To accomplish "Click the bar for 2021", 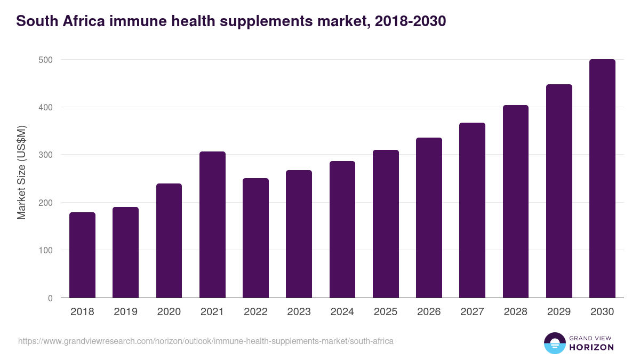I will click(x=212, y=225).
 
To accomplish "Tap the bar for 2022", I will click(x=255, y=238).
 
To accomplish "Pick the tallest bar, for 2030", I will click(x=602, y=179).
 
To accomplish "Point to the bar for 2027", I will click(x=472, y=210).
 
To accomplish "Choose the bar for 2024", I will click(x=342, y=229).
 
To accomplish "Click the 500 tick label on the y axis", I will click(x=46, y=60).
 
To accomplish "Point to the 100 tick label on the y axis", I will click(x=46, y=250).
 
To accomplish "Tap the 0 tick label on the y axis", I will click(x=50, y=298).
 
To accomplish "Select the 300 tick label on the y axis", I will click(x=46, y=155).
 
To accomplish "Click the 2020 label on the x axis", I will click(x=169, y=312).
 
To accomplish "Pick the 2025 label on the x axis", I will click(x=386, y=312).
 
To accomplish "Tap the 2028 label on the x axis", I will click(x=516, y=312).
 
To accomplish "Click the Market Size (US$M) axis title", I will click(x=21, y=172).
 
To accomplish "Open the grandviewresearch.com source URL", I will click(x=206, y=341).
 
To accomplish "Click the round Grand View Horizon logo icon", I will click(x=554, y=343).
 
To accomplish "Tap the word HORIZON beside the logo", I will click(x=591, y=347).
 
